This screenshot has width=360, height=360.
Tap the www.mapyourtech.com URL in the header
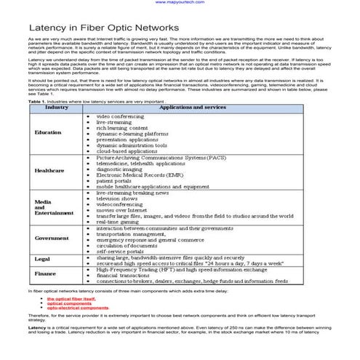[180, 3]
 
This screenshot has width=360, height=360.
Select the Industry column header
[47, 108]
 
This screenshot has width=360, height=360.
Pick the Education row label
[47, 133]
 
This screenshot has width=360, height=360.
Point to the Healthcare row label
[49, 170]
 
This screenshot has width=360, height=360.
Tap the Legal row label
[41, 259]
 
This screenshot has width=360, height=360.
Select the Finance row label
[45, 273]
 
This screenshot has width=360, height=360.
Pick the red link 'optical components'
[71, 303]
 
